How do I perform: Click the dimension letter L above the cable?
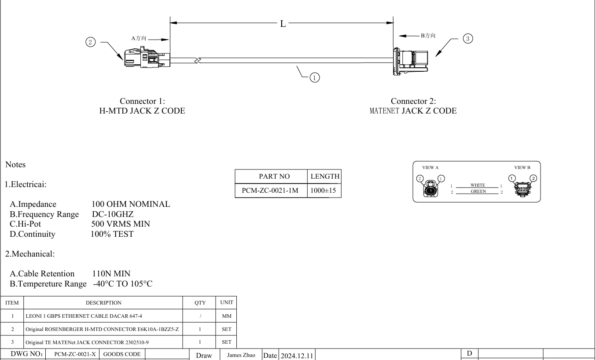pos(283,24)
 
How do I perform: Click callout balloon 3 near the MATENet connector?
pos(468,39)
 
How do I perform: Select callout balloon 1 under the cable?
pos(314,78)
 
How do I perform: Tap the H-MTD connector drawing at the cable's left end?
pos(147,57)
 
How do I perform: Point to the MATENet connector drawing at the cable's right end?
pos(411,62)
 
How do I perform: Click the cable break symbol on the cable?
pos(198,60)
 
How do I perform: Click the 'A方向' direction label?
pos(139,38)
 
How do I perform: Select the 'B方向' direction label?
pos(428,36)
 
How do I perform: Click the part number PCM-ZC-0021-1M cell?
pos(271,191)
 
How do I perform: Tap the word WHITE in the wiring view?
pos(478,185)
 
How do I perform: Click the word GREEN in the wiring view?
pos(478,191)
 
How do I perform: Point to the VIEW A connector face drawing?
pos(430,189)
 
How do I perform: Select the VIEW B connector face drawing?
pos(522,189)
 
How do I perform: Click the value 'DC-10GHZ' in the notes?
pos(113,214)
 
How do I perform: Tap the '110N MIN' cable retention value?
pos(111,274)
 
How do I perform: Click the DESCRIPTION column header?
pos(103,303)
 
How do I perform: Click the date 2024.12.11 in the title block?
pos(297,356)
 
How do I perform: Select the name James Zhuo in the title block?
pos(241,355)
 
